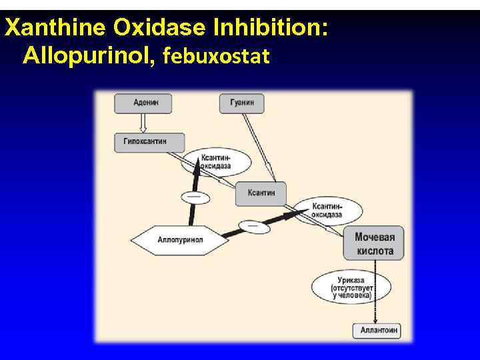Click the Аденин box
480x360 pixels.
coord(143,103)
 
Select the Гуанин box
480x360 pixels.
coord(241,103)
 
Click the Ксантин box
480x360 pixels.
coord(261,193)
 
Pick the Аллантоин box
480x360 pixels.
coord(377,331)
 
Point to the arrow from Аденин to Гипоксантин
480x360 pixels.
coord(143,123)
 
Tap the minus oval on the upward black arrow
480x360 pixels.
coord(194,197)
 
